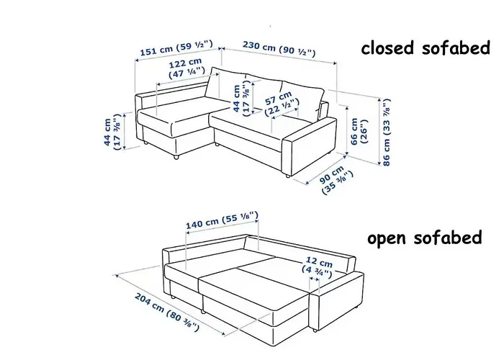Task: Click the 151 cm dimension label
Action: (176, 48)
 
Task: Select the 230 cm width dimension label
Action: (279, 48)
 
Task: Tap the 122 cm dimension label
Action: (186, 68)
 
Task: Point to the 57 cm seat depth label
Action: (282, 104)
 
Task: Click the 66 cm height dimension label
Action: (359, 131)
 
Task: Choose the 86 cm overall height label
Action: (386, 132)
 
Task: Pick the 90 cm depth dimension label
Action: (336, 179)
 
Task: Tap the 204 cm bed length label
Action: (167, 312)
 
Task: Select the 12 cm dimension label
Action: (318, 267)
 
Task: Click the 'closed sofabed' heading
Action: (426, 48)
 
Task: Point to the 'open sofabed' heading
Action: (425, 238)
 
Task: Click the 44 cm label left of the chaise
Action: (112, 132)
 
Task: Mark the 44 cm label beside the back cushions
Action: (241, 98)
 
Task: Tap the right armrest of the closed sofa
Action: (309, 146)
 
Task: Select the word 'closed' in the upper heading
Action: (387, 48)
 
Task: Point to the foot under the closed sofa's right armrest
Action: (287, 176)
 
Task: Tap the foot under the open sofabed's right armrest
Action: (314, 330)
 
